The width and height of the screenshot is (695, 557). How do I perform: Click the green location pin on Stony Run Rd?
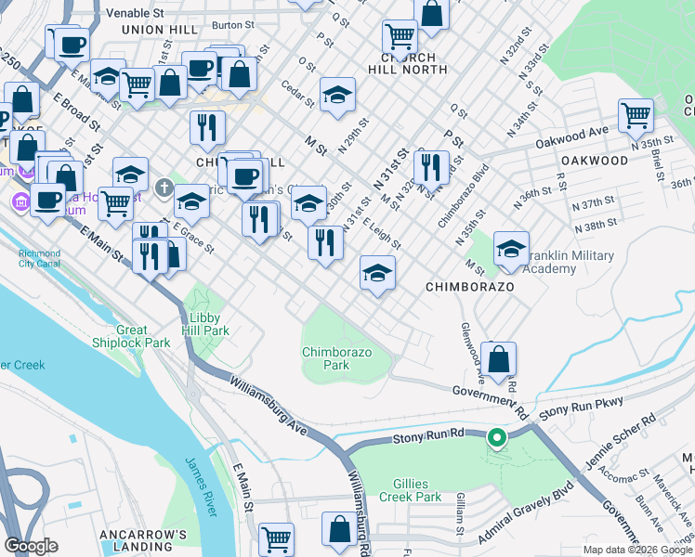496,437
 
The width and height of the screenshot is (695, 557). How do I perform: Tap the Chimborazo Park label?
325,358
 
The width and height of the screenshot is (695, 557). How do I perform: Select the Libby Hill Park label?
203,323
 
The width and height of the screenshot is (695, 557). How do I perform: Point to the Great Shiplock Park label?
144,336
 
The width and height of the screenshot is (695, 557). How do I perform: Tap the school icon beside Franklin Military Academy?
511,249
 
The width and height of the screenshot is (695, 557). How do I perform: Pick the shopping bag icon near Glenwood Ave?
499,359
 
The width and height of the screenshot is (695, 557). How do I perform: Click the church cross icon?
164,189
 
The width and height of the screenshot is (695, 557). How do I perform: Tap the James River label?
202,486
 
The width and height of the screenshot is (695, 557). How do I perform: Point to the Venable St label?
135,14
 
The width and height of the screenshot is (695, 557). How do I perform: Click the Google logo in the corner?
32,546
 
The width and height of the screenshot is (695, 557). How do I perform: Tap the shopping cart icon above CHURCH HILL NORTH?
400,36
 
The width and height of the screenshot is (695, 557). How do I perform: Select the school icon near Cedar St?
338,94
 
